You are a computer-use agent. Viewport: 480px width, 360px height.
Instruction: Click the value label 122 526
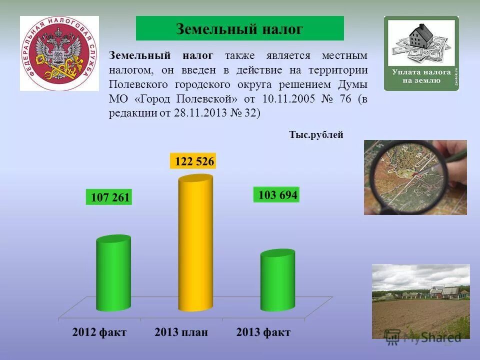pos(193,161)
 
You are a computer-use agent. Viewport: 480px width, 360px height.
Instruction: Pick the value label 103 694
pos(277,195)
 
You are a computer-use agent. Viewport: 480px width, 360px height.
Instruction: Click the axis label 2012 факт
pos(99,332)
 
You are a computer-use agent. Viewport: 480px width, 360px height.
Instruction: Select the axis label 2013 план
pos(181,332)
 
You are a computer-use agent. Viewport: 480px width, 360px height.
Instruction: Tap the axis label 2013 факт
pos(263,332)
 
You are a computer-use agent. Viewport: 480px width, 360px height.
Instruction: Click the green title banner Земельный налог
pos(239,28)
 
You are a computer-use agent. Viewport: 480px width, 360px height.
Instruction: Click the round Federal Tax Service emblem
pos(59,53)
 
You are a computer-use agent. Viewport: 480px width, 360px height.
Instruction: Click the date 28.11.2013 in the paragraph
pos(198,113)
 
